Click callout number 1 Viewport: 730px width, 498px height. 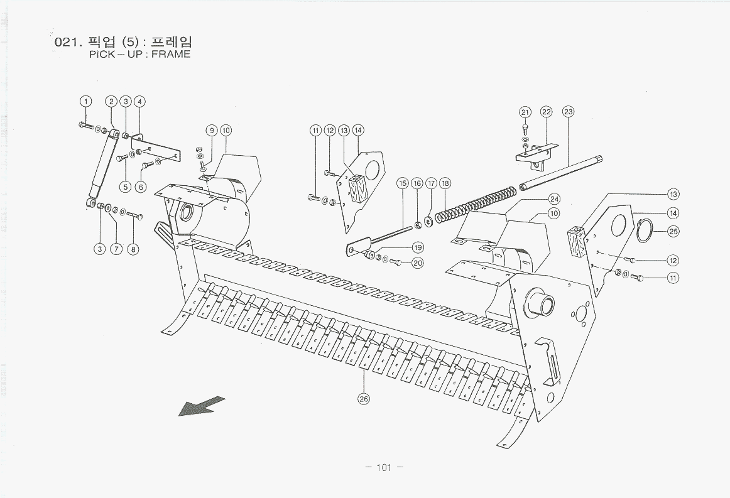[x=85, y=101]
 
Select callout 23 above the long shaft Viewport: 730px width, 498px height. [x=568, y=112]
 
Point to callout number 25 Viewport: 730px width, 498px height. [x=673, y=231]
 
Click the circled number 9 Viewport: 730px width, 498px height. [x=212, y=130]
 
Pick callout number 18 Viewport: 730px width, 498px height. [x=445, y=183]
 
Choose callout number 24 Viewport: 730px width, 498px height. [x=553, y=198]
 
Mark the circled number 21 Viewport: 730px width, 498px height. [x=525, y=112]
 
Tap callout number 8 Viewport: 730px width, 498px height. [x=133, y=249]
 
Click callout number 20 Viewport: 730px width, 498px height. [x=418, y=263]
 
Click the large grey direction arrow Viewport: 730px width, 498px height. [x=202, y=406]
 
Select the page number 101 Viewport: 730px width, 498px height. [x=383, y=467]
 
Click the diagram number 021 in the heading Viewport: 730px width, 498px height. [x=65, y=43]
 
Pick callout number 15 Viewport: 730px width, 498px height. [x=403, y=183]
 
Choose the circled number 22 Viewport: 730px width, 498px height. [x=546, y=112]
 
